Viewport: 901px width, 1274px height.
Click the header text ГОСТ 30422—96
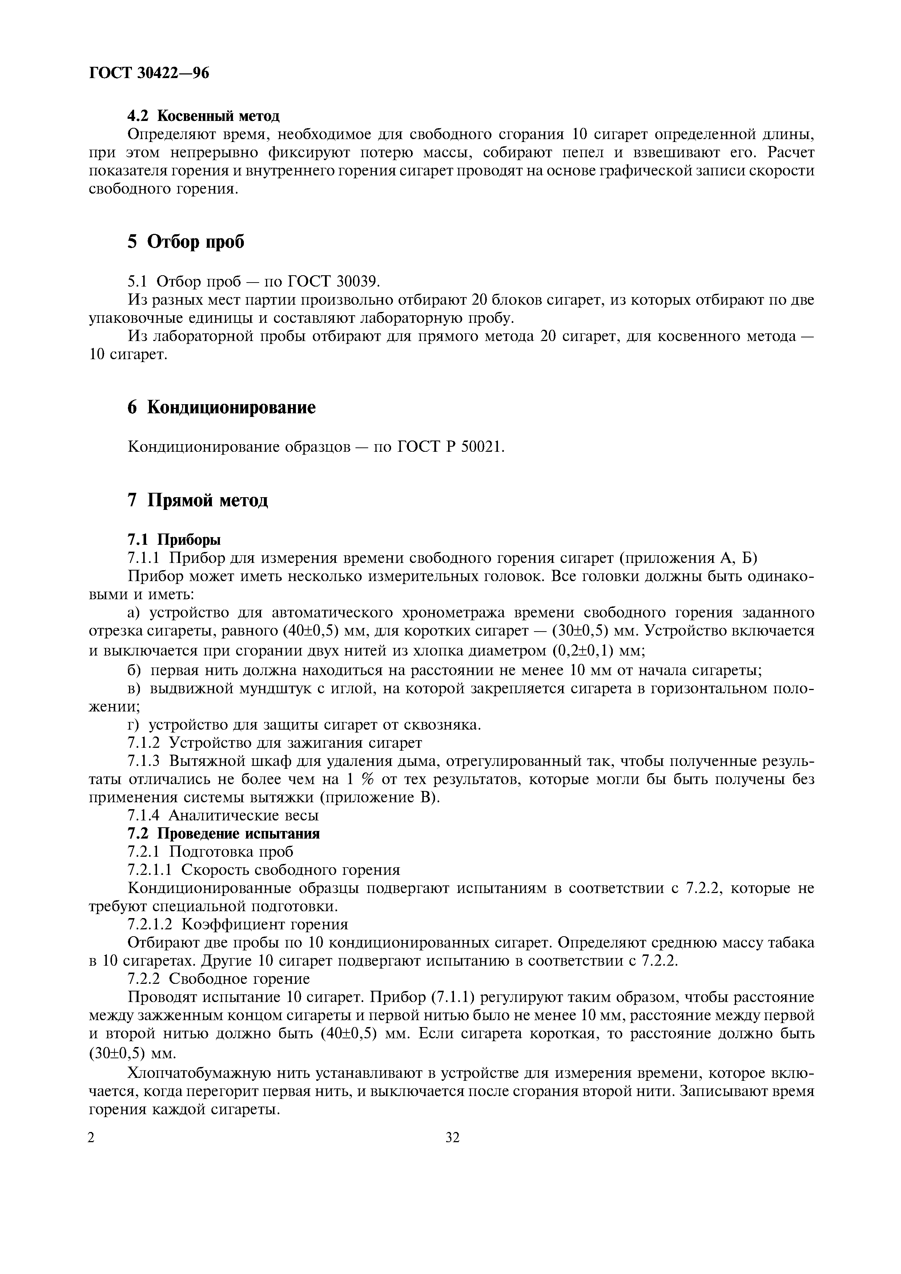click(x=149, y=73)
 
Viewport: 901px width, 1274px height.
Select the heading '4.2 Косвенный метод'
click(x=203, y=116)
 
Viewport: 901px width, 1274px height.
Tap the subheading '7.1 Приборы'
click(x=174, y=539)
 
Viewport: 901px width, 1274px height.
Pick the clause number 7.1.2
click(x=144, y=742)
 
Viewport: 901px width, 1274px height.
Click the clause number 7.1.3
click(x=144, y=761)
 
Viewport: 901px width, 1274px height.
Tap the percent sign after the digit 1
click(x=367, y=779)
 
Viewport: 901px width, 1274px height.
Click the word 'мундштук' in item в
click(x=255, y=689)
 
